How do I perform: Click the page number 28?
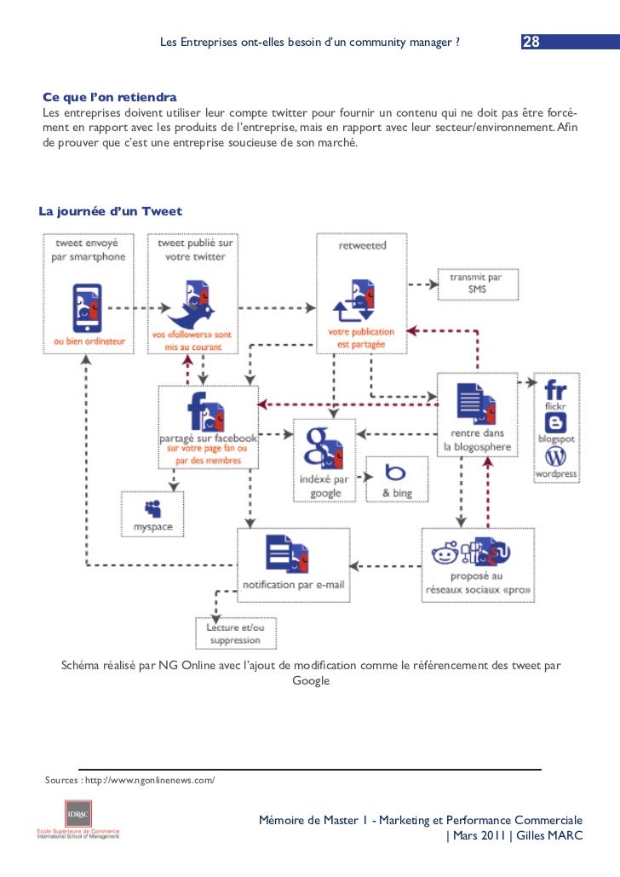click(531, 42)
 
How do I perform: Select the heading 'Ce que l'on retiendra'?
click(110, 97)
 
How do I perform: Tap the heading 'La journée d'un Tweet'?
click(110, 211)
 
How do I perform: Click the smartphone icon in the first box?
click(87, 308)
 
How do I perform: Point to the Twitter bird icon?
click(192, 305)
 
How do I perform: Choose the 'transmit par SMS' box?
click(478, 284)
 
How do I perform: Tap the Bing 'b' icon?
click(395, 472)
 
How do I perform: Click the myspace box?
click(152, 514)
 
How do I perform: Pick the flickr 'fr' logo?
click(555, 390)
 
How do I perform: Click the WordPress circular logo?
click(555, 457)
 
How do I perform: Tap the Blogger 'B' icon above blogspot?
click(555, 423)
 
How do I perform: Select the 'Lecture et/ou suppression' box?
click(236, 633)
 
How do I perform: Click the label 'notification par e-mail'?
click(294, 584)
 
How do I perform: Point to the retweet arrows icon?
click(353, 302)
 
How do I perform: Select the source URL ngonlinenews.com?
click(150, 780)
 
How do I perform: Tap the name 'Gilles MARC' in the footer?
click(549, 835)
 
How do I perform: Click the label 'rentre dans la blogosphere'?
click(477, 439)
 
